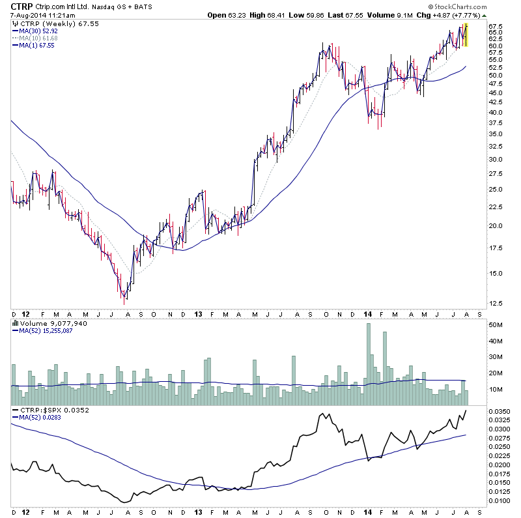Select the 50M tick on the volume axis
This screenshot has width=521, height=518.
[x=494, y=325]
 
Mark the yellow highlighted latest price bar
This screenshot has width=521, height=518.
[x=465, y=34]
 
